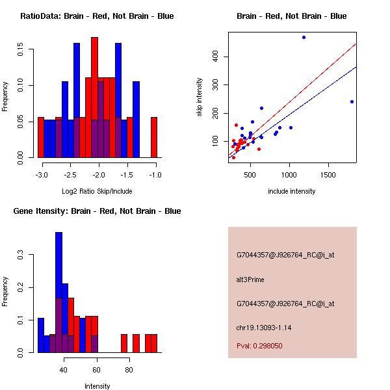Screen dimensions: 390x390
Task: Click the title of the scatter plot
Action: (291, 16)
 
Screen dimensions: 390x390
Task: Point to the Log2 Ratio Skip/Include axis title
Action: (97, 191)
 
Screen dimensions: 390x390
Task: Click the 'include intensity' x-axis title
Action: (291, 191)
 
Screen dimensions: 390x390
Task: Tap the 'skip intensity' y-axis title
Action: (200, 97)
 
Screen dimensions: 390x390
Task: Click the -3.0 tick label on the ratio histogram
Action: (42, 175)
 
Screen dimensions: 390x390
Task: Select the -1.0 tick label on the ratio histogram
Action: (155, 175)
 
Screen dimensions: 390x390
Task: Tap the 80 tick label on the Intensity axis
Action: (129, 370)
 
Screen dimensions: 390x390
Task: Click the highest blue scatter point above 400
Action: (304, 37)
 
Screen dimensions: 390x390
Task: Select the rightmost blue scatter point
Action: (352, 101)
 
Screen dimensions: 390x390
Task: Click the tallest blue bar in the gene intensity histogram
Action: (59, 292)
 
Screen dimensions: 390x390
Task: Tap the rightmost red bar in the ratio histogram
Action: (154, 137)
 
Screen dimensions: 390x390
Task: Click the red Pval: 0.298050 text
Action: (259, 346)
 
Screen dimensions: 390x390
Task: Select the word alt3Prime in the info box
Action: (250, 279)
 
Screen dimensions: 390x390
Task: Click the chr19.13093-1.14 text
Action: (263, 327)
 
